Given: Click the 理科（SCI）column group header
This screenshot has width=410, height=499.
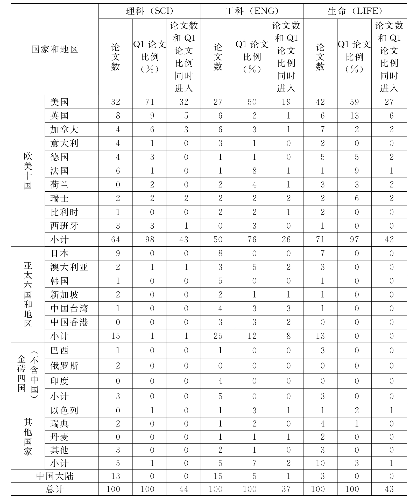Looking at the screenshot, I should pyautogui.click(x=150, y=11).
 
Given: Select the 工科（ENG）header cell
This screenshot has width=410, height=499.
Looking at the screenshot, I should pyautogui.click(x=252, y=11).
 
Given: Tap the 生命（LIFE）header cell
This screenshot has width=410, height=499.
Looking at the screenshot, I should pyautogui.click(x=355, y=11).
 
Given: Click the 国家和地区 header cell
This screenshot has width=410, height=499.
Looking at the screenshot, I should pyautogui.click(x=55, y=49).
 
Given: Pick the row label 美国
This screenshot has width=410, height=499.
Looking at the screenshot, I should pyautogui.click(x=59, y=102).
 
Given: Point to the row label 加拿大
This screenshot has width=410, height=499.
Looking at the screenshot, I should pyautogui.click(x=64, y=129).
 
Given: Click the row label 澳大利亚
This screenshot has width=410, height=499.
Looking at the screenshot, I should pyautogui.click(x=69, y=267).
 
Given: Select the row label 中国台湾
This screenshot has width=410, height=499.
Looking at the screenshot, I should pyautogui.click(x=69, y=308).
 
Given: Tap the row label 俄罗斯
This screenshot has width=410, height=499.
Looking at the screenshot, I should pyautogui.click(x=64, y=366).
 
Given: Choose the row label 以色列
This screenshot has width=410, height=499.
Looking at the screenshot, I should pyautogui.click(x=64, y=410).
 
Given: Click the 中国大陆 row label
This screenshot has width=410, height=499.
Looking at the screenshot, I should pyautogui.click(x=55, y=476).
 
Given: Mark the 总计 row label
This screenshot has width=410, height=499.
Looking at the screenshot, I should pyautogui.click(x=55, y=489).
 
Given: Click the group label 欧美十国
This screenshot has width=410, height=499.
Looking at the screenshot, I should pyautogui.click(x=28, y=171).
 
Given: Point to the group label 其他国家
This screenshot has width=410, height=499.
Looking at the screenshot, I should pyautogui.click(x=28, y=437).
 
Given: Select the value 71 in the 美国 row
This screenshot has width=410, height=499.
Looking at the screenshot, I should pyautogui.click(x=150, y=102).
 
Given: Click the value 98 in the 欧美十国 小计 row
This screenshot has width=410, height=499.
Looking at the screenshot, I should pyautogui.click(x=150, y=240).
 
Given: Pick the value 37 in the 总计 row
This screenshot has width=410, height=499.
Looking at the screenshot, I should pyautogui.click(x=286, y=489).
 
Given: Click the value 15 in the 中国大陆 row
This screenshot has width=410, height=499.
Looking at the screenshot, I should pyautogui.click(x=218, y=476).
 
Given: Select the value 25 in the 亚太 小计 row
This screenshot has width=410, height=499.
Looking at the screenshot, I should pyautogui.click(x=218, y=336).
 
